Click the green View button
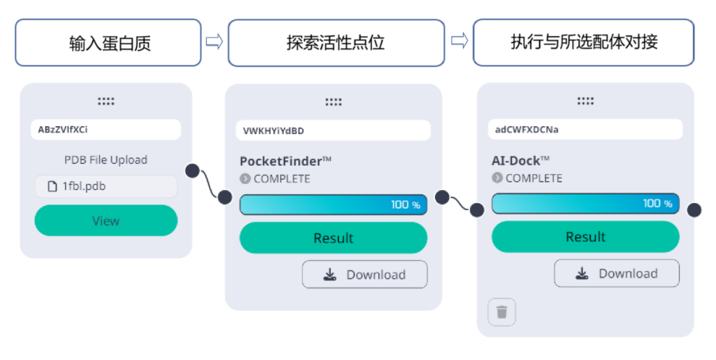point(105,221)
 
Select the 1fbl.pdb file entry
point(105,187)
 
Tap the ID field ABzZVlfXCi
point(105,130)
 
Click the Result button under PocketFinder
point(333,238)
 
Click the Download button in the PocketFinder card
point(364,275)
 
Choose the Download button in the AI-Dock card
point(616,273)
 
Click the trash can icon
point(502,312)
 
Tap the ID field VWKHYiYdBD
point(333,130)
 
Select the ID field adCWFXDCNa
point(586,129)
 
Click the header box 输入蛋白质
point(108,43)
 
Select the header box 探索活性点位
point(336,43)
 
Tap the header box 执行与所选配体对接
point(583,42)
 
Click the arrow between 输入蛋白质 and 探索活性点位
point(214,42)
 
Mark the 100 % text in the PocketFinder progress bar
point(405,205)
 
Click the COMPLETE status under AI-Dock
point(534,178)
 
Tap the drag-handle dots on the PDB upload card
point(105,101)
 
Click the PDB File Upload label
point(105,160)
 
